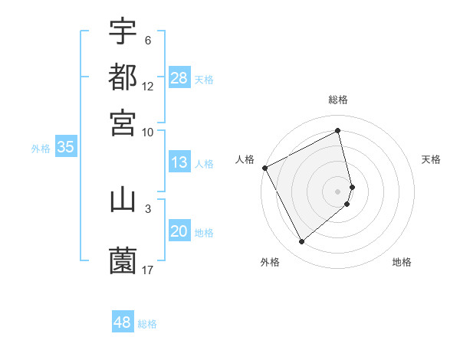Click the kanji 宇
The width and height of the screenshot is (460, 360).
[123, 31]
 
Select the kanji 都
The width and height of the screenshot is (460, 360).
[123, 77]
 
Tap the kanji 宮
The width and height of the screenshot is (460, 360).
[123, 122]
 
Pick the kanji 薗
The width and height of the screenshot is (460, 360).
[123, 261]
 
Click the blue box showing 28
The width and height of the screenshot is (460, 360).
[179, 78]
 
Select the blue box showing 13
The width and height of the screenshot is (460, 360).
[179, 162]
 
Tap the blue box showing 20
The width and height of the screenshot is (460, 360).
[179, 231]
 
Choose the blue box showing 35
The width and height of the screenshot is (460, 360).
[65, 148]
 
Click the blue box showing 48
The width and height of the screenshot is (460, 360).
[122, 322]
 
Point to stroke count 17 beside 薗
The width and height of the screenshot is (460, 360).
[148, 270]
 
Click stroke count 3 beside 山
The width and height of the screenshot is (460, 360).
[148, 207]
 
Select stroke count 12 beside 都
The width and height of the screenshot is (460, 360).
[148, 86]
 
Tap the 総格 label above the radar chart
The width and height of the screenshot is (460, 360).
[338, 100]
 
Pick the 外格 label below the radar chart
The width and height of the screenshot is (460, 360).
[270, 263]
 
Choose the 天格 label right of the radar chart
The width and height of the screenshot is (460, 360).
[431, 159]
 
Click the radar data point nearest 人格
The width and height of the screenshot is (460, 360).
[264, 168]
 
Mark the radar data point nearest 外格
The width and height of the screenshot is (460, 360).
[301, 242]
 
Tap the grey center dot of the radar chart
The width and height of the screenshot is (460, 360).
[338, 191]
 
